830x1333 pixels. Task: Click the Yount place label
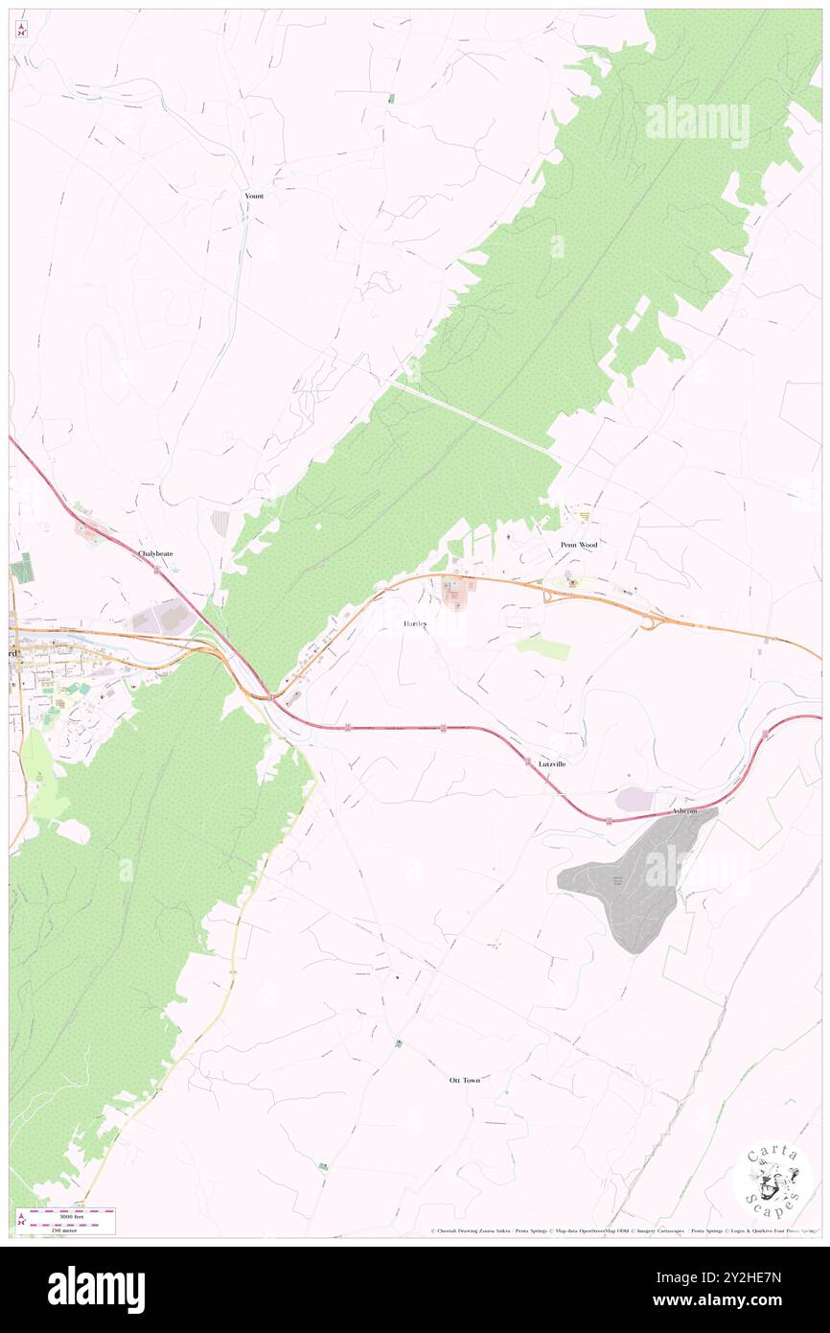pos(253,196)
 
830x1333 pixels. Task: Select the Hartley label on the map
pos(415,623)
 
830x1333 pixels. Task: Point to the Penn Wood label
pos(579,545)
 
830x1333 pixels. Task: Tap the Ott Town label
pos(465,1080)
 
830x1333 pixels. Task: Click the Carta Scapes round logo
pos(772,1180)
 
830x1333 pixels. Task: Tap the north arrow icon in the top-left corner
pos(21,30)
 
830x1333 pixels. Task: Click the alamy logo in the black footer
pos(96,1289)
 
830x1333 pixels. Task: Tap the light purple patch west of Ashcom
pos(634,799)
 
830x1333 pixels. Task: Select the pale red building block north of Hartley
pos(454,596)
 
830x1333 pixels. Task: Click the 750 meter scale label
pos(65,1228)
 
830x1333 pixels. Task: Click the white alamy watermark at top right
pos(697,123)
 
